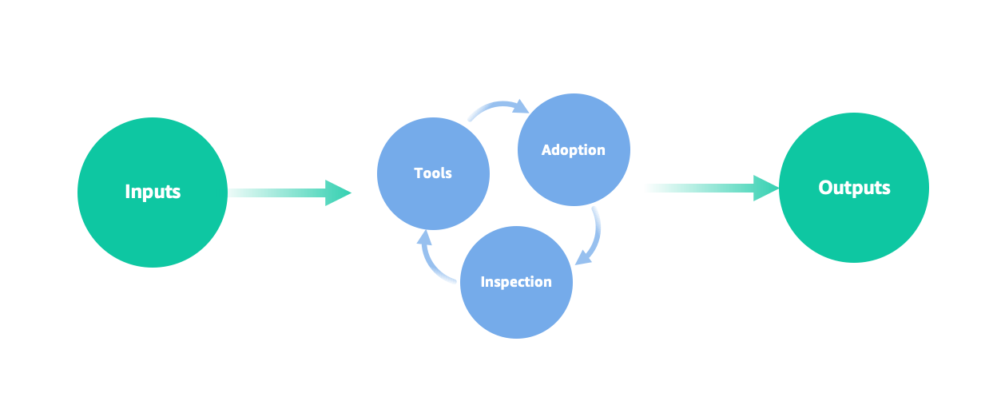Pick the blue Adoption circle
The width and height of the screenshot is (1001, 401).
pyautogui.click(x=574, y=180)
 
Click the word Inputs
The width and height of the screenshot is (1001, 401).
pyautogui.click(x=153, y=192)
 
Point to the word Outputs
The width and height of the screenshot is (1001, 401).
pyautogui.click(x=854, y=188)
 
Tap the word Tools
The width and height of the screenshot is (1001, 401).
pyautogui.click(x=433, y=173)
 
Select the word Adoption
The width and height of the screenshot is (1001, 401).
pyautogui.click(x=574, y=149)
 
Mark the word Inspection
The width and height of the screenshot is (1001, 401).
pyautogui.click(x=516, y=281)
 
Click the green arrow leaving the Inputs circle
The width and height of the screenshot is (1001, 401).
pyautogui.click(x=280, y=193)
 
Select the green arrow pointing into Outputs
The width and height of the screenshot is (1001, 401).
pyautogui.click(x=703, y=189)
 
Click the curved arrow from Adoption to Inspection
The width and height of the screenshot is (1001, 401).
pyautogui.click(x=596, y=232)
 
